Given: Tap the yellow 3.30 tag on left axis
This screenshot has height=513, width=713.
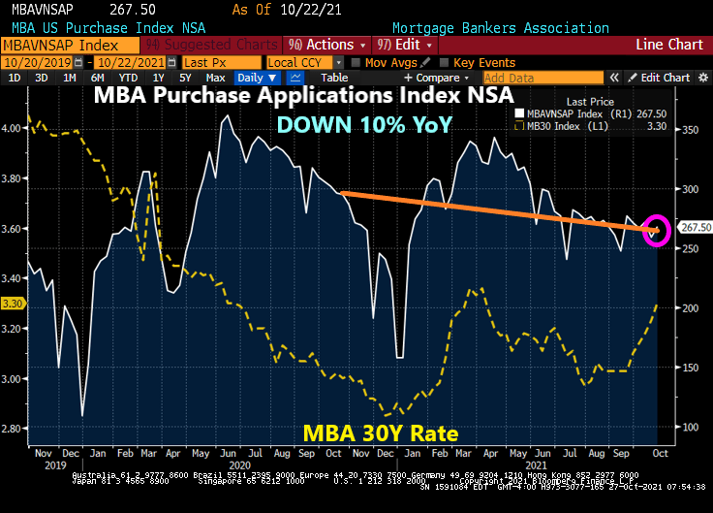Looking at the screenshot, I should coord(13,304).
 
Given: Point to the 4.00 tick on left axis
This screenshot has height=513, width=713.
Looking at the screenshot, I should coord(14,128).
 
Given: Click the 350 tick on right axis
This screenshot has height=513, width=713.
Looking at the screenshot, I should coord(691,128).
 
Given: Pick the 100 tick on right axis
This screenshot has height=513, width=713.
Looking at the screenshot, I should coord(691,427).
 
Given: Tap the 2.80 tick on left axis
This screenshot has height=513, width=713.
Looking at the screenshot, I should coord(14,427).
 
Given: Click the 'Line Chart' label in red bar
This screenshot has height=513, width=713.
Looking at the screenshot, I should coord(669,45).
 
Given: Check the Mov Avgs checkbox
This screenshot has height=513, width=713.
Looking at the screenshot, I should coord(356,62).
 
